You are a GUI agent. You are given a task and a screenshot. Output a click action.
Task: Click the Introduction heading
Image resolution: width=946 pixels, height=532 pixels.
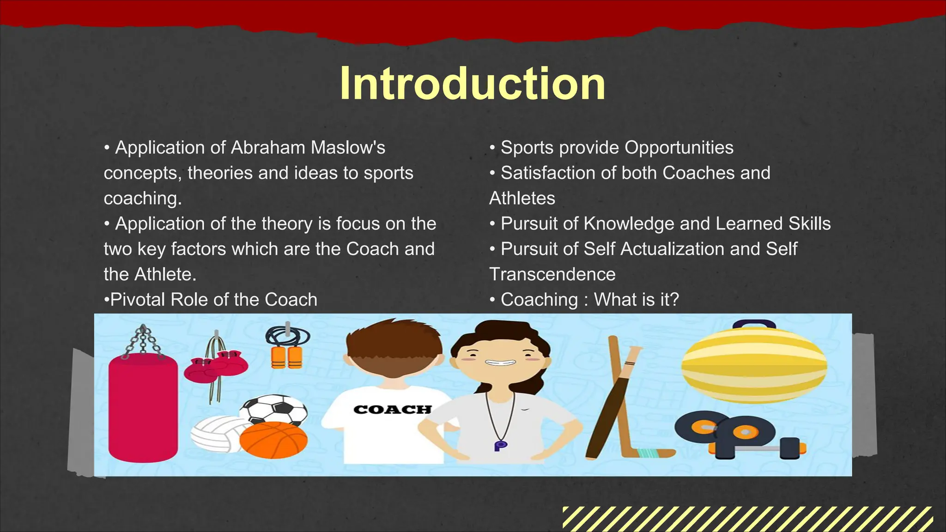472,84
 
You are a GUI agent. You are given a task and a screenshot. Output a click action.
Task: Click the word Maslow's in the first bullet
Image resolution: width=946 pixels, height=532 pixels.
348,148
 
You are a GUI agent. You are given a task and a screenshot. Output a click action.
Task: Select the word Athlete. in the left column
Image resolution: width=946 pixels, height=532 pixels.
165,274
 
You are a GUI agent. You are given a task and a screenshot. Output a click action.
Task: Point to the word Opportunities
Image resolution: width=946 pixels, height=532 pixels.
679,148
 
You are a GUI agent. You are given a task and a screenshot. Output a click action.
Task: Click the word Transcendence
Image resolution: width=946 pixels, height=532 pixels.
552,274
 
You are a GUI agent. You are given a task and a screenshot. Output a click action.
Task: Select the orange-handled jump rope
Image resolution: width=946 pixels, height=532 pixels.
287,351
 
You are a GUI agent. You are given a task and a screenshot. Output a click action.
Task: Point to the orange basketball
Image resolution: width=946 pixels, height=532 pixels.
273,440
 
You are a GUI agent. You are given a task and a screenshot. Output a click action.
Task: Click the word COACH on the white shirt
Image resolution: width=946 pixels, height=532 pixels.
392,410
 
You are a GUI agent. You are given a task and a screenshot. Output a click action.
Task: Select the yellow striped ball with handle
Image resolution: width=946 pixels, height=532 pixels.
754,365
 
